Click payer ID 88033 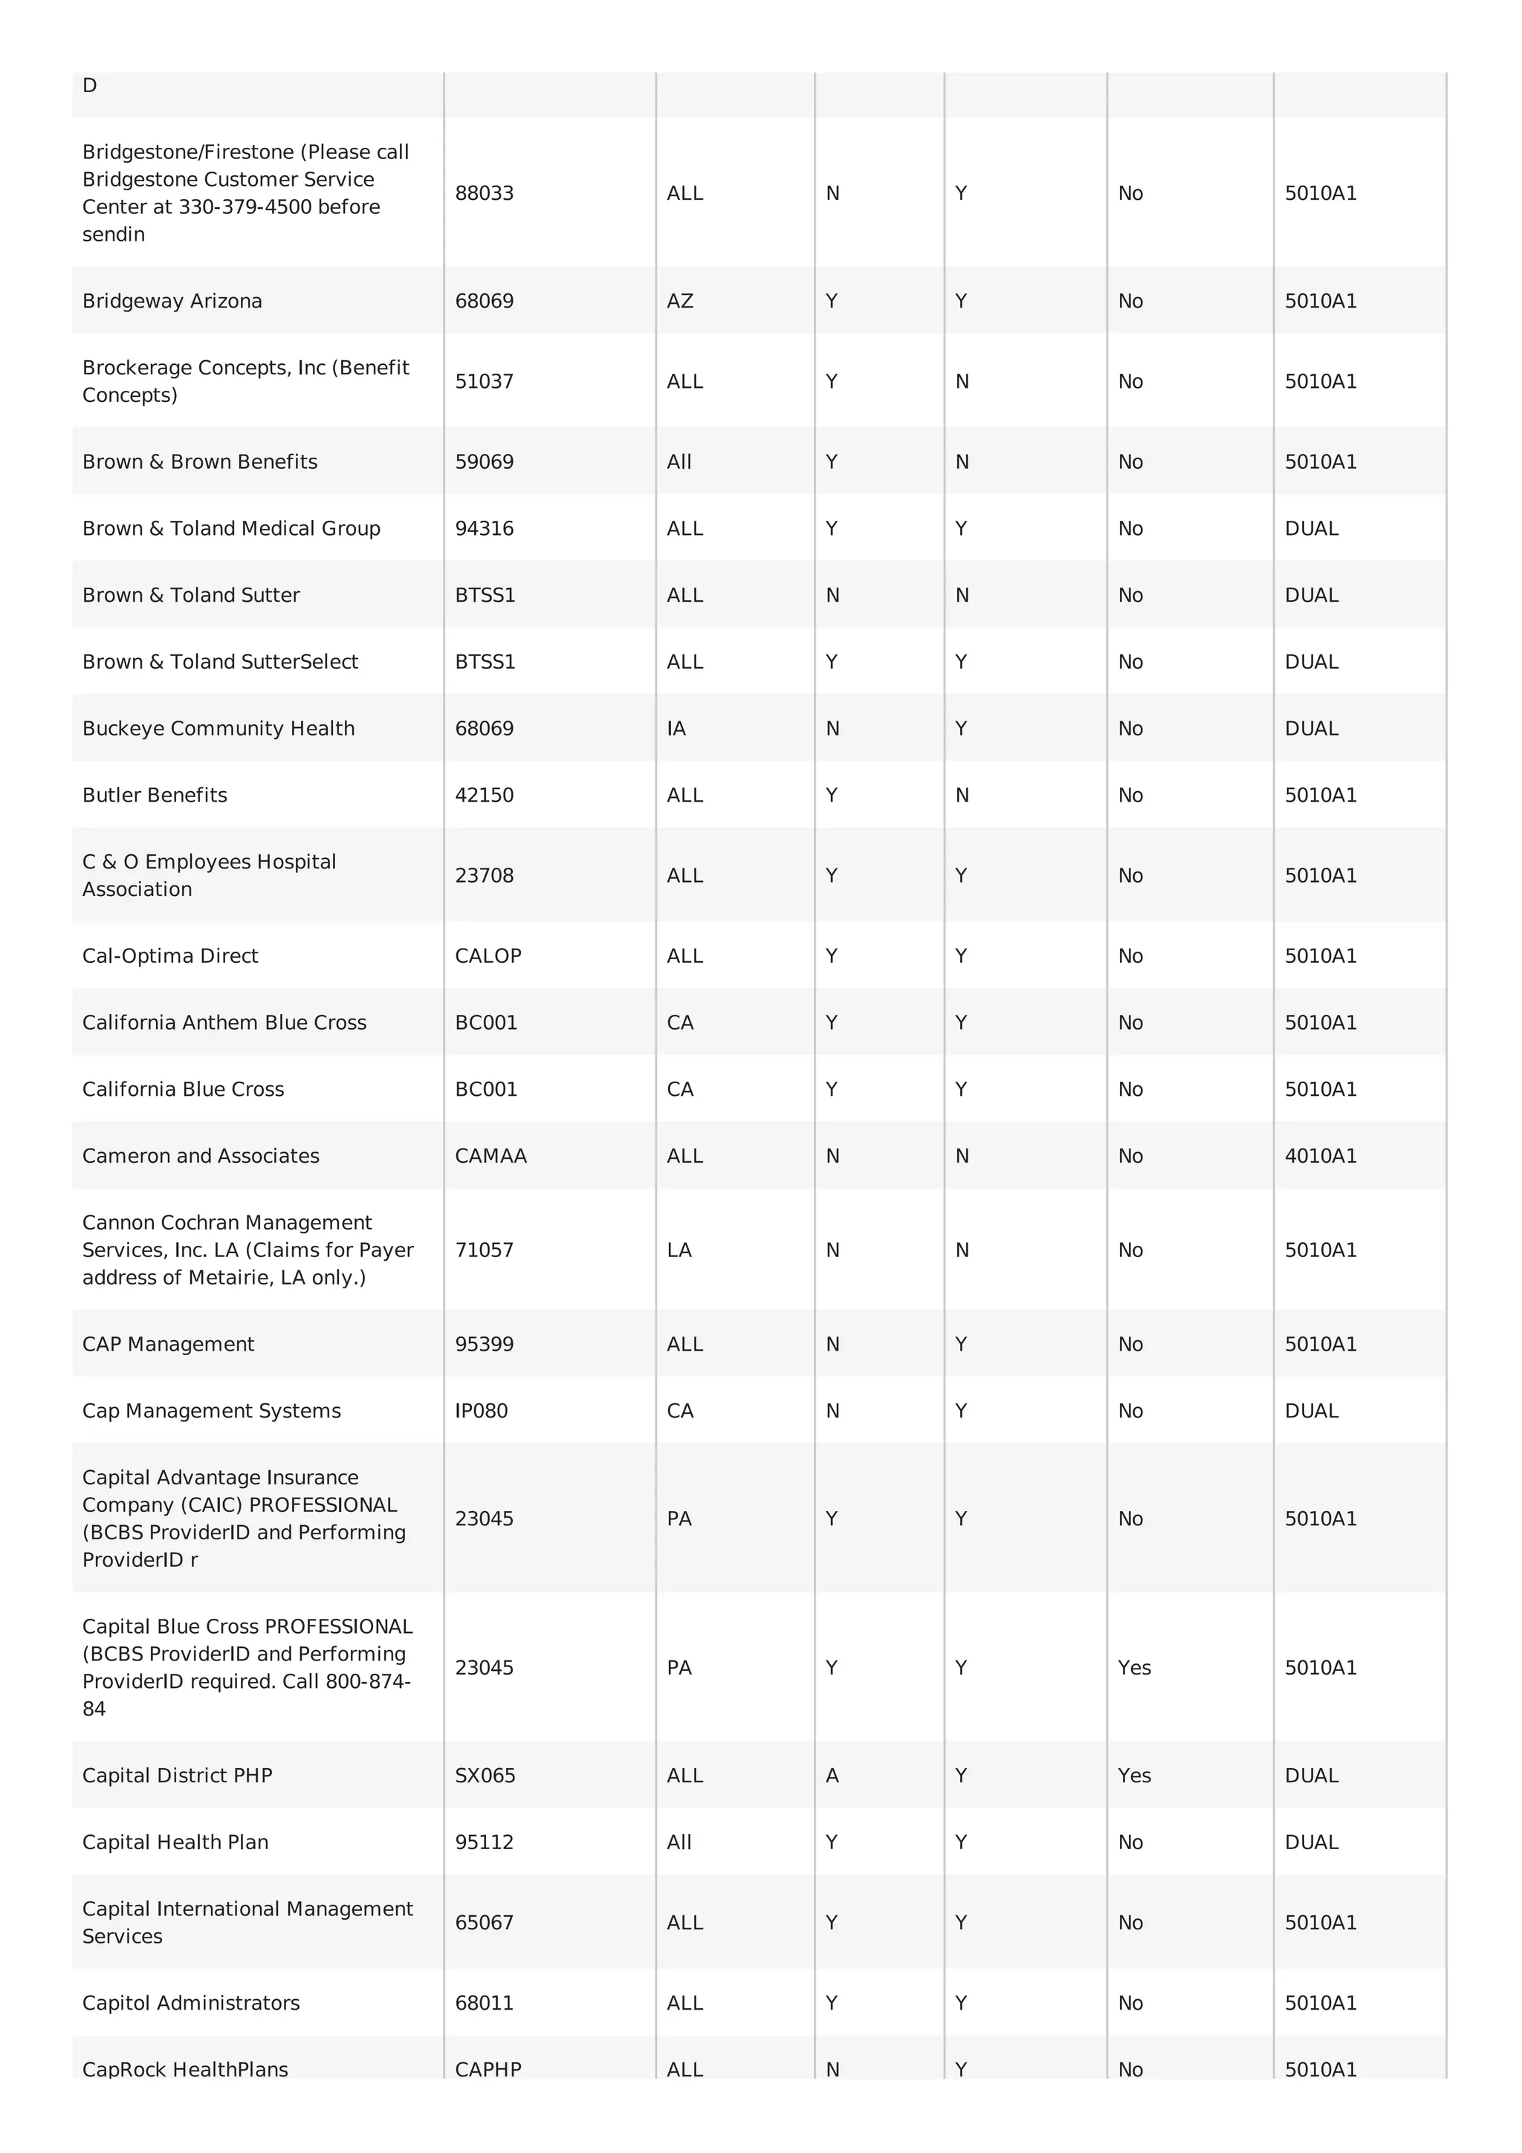484,193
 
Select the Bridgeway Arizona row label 172,301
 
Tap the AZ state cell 680,301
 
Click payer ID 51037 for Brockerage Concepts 484,382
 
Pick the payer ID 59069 484,461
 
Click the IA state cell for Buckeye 676,729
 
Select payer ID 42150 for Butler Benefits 484,795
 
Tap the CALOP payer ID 488,955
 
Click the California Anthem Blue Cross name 224,1022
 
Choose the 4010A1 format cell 1321,1155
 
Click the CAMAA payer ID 490,1155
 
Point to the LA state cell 679,1250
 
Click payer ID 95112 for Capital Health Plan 484,1842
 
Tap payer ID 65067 484,1923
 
